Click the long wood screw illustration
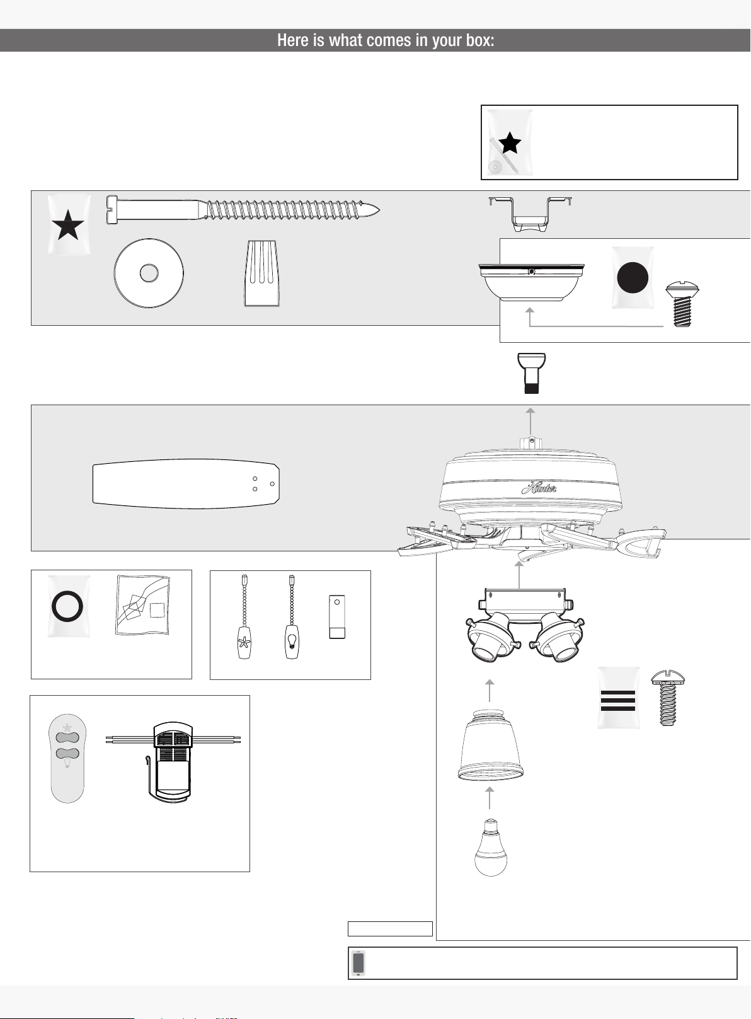click(x=243, y=210)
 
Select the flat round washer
click(x=149, y=273)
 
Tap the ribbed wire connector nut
click(x=262, y=273)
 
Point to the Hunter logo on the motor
click(x=539, y=488)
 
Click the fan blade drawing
click(x=186, y=483)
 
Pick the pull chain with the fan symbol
click(x=244, y=617)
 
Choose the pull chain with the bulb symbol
click(x=292, y=617)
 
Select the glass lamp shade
click(x=490, y=745)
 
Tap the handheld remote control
click(x=67, y=758)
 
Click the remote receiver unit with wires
click(x=173, y=762)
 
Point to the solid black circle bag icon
click(x=633, y=277)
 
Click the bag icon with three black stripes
click(x=618, y=698)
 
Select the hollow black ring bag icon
click(x=68, y=606)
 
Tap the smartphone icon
click(x=358, y=963)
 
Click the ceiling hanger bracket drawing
click(x=530, y=214)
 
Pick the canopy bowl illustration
click(x=531, y=282)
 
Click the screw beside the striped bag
click(x=668, y=698)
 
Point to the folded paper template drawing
click(x=143, y=605)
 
